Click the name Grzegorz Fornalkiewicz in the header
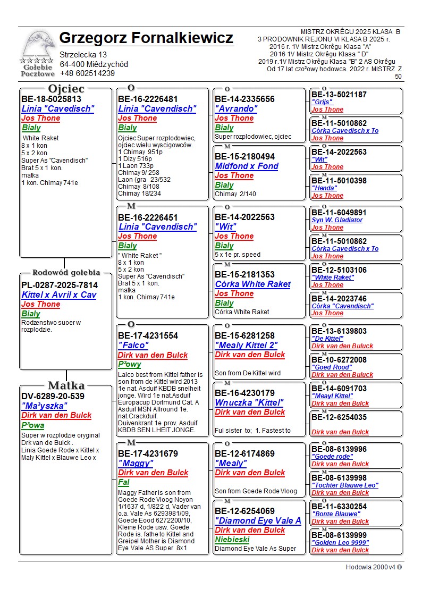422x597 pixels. coord(146,38)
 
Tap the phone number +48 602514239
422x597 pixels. coord(87,73)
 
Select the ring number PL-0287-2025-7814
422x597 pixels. coord(60,285)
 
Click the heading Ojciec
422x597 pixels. coord(66,89)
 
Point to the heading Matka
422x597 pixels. coord(66,385)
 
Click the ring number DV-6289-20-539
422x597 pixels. coord(53,396)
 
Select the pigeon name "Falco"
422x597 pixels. coord(133,346)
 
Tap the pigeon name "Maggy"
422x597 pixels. coord(135,464)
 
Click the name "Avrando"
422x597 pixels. coord(236,109)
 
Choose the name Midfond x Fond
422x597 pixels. coord(247,166)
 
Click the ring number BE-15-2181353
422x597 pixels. coord(245,275)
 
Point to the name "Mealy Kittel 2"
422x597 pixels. coord(246,346)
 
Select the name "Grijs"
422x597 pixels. coord(322,102)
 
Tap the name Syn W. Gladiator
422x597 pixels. coord(337,220)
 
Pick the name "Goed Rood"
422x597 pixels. coord(332,367)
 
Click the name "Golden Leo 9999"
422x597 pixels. coord(340,543)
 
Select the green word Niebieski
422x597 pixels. coord(232,540)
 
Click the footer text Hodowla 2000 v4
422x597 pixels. coord(374,567)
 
